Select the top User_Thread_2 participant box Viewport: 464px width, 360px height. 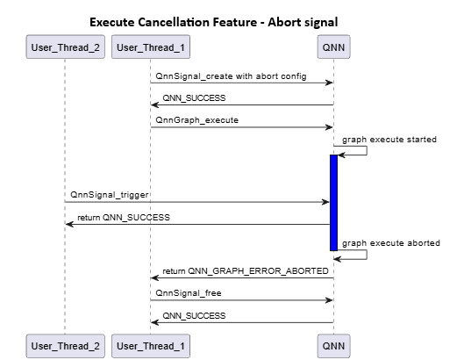(64, 46)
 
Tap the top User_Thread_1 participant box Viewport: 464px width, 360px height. (151, 46)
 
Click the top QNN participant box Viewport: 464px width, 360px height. (333, 46)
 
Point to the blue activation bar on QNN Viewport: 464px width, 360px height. (333, 202)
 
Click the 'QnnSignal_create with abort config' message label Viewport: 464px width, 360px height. (231, 76)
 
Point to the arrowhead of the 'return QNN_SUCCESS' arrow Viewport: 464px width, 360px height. (69, 224)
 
